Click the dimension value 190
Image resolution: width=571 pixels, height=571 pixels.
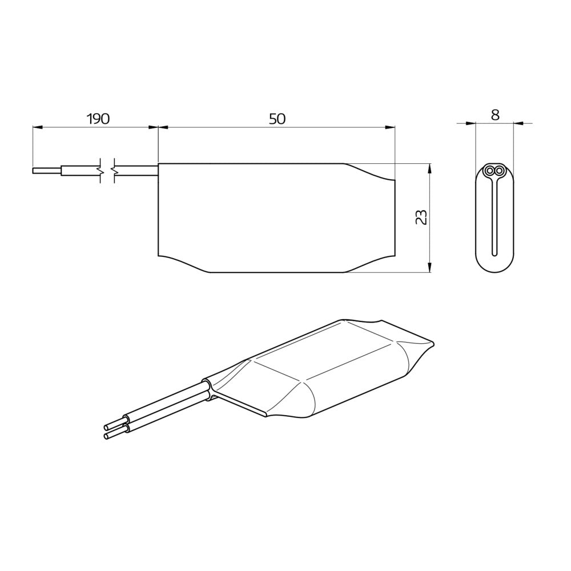click(x=97, y=119)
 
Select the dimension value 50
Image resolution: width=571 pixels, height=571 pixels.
click(x=277, y=119)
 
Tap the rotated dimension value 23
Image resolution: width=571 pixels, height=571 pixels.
click(x=421, y=218)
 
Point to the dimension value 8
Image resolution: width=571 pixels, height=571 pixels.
click(x=495, y=115)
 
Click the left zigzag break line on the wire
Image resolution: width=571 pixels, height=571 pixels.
click(x=102, y=170)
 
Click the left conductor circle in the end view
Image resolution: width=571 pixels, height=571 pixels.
click(x=490, y=171)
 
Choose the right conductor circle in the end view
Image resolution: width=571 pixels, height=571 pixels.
click(x=500, y=171)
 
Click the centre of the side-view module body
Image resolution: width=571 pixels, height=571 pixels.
click(x=276, y=218)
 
